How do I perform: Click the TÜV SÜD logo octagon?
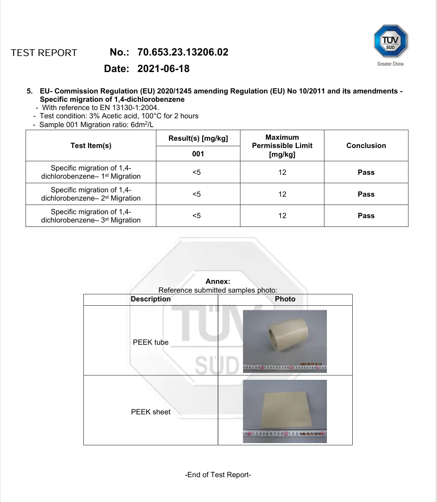(x=390, y=42)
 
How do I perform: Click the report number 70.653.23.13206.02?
(x=183, y=52)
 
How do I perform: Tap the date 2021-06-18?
(x=163, y=69)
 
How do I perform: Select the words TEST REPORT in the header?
(x=44, y=53)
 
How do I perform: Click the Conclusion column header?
(x=366, y=146)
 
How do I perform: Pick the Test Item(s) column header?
(x=91, y=146)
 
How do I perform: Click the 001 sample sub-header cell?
(x=198, y=154)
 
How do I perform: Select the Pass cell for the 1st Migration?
(x=366, y=172)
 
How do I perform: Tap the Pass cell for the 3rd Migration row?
(x=366, y=216)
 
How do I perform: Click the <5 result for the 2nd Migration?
(x=196, y=194)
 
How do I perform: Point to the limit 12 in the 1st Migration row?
(x=282, y=172)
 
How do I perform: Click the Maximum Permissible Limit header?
(x=282, y=146)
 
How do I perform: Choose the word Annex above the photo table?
(x=218, y=281)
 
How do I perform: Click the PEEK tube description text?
(x=151, y=342)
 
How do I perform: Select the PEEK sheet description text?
(x=151, y=412)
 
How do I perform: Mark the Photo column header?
(x=285, y=299)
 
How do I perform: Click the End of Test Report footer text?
(x=218, y=475)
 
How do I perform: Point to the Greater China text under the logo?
(x=390, y=64)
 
